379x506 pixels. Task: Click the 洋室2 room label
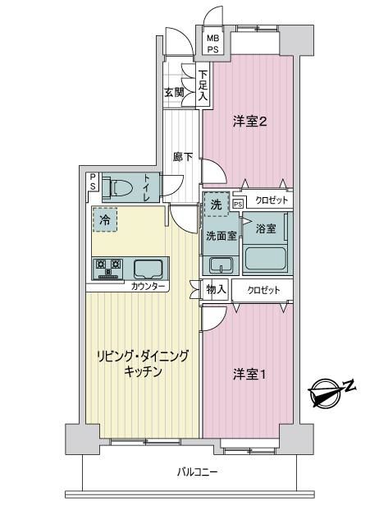pyautogui.click(x=249, y=122)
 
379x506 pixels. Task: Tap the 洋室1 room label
pyautogui.click(x=249, y=375)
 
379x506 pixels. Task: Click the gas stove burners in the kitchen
pyautogui.click(x=108, y=269)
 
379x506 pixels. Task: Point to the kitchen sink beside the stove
pyautogui.click(x=148, y=269)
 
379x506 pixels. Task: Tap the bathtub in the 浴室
pyautogui.click(x=266, y=259)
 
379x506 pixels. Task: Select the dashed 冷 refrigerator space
pyautogui.click(x=105, y=219)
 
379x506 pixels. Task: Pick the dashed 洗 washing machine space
pyautogui.click(x=216, y=204)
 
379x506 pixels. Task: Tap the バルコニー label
pyautogui.click(x=198, y=472)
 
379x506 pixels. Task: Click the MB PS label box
pyautogui.click(x=212, y=44)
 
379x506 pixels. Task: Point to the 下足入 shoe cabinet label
pyautogui.click(x=203, y=85)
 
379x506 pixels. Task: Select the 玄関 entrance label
pyautogui.click(x=175, y=93)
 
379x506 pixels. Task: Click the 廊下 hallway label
pyautogui.click(x=183, y=157)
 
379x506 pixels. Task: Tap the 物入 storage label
pyautogui.click(x=217, y=289)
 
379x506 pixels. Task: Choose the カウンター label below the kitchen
pyautogui.click(x=148, y=286)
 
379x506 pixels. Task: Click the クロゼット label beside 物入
pyautogui.click(x=263, y=290)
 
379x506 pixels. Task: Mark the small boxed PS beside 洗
pyautogui.click(x=238, y=204)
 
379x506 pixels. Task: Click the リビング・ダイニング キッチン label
pyautogui.click(x=143, y=364)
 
